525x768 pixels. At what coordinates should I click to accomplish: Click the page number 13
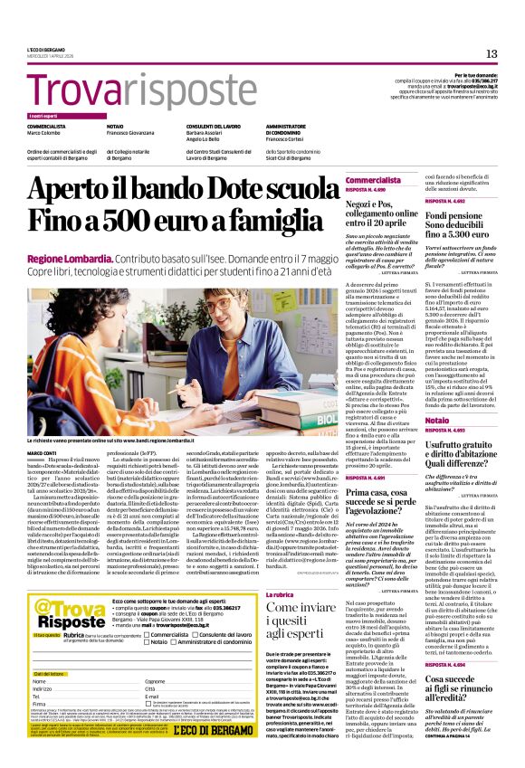pyautogui.click(x=492, y=53)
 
